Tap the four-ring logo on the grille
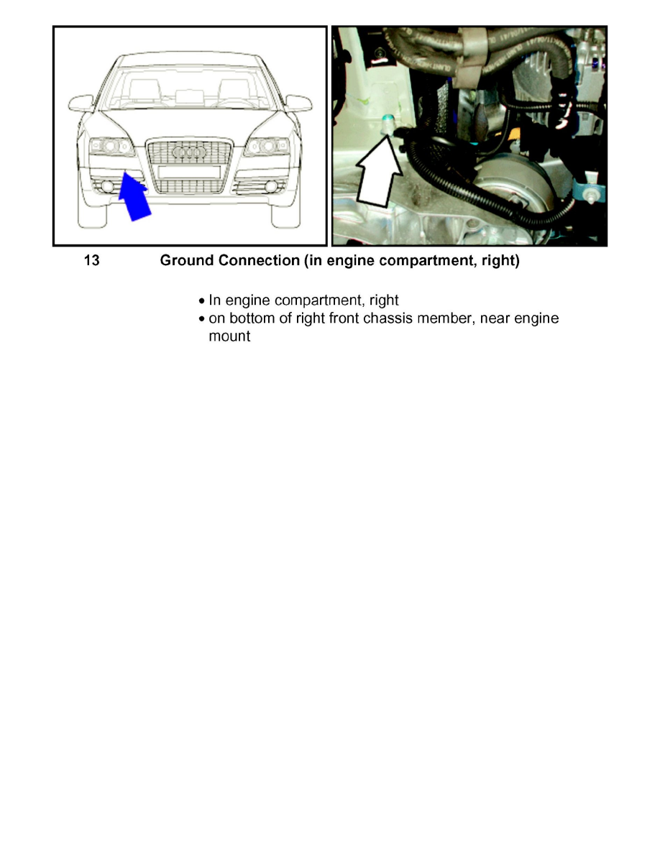coord(190,153)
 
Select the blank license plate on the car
coord(190,172)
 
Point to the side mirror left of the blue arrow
coord(81,103)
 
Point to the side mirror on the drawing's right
coord(298,103)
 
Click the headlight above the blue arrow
coord(111,147)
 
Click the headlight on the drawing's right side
coord(267,147)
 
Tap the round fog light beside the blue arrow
coord(109,188)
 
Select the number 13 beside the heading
coord(91,261)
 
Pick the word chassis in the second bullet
coord(395,318)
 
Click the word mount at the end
coord(229,336)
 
